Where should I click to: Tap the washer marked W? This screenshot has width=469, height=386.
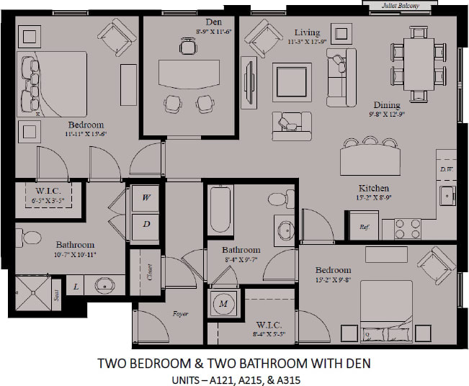[x=146, y=197]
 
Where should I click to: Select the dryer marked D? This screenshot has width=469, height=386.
[x=146, y=223]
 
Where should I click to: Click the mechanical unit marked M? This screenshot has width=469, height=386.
[x=223, y=304]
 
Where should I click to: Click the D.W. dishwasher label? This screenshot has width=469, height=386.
[x=447, y=169]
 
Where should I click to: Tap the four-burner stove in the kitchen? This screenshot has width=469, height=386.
[x=409, y=228]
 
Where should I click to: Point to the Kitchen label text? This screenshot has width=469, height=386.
[x=355, y=187]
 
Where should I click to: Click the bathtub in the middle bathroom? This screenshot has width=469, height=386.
[x=220, y=209]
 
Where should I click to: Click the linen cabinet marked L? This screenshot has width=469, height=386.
[x=76, y=287]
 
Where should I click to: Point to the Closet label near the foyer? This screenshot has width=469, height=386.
[x=150, y=272]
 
